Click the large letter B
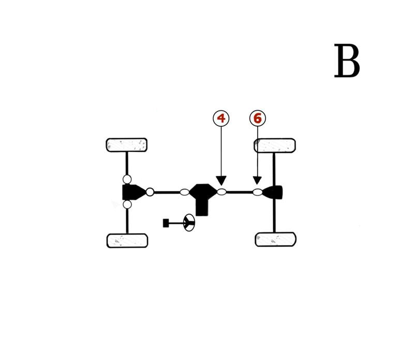(x=347, y=61)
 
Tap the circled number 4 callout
(x=221, y=118)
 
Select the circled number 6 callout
(x=257, y=118)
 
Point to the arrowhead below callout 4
(x=221, y=181)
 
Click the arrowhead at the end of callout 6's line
(x=257, y=181)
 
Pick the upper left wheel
(x=127, y=145)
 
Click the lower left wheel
(x=127, y=240)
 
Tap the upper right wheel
(x=275, y=146)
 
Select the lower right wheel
(x=276, y=239)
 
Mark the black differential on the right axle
(x=274, y=192)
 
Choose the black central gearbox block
(x=202, y=196)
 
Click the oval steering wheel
(x=189, y=223)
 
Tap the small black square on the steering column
(x=166, y=223)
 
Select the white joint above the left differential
(x=127, y=179)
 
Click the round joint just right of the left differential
(x=150, y=192)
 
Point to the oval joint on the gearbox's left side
(x=184, y=192)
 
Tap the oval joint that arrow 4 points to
(x=221, y=192)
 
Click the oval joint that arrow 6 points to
(x=257, y=192)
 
